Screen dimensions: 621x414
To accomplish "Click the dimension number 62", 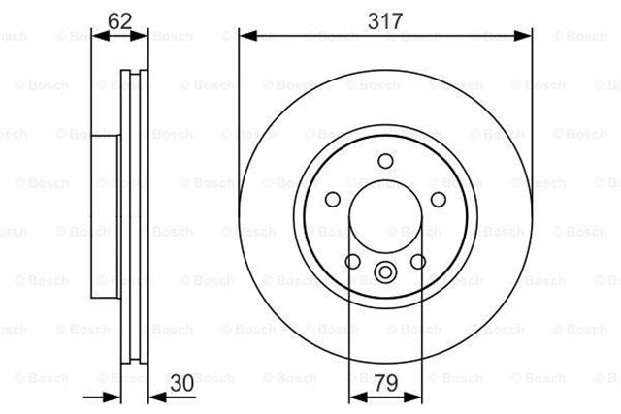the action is [119, 21].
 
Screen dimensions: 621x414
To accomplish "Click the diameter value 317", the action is [385, 21].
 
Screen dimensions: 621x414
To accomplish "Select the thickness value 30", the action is [182, 383].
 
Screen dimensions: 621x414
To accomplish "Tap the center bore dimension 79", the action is [386, 383].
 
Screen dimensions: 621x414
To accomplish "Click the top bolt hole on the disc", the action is [385, 161].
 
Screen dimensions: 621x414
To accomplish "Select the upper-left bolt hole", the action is [333, 199].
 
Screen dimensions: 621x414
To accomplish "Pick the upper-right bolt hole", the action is [438, 200].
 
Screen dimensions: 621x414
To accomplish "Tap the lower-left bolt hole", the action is [353, 261].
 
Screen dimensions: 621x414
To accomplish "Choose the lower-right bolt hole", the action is [418, 261].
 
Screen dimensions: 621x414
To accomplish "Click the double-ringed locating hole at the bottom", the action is [385, 271].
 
